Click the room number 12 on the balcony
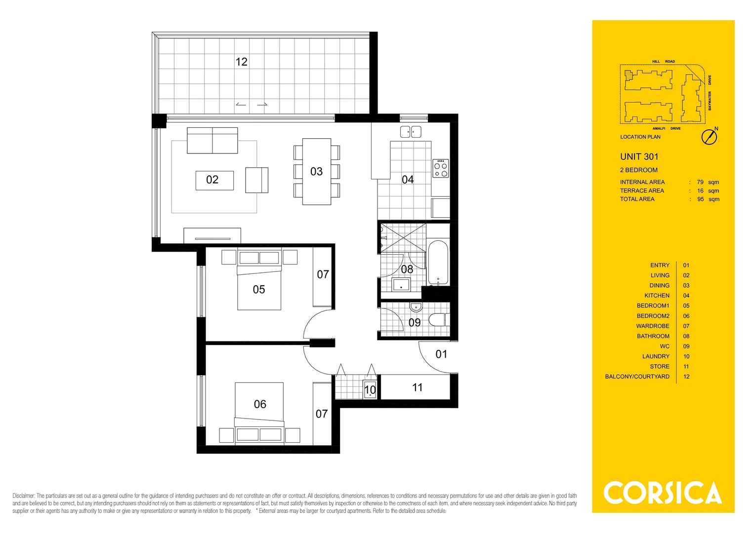click(241, 62)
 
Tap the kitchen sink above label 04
click(411, 132)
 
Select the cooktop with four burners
click(441, 168)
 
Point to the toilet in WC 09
click(437, 320)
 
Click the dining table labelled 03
click(316, 171)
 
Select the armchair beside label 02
click(256, 180)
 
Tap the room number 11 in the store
click(418, 387)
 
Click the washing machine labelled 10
click(370, 390)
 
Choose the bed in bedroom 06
click(259, 409)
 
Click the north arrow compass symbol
click(710, 137)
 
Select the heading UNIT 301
click(639, 156)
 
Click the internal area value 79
click(700, 182)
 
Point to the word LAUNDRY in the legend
click(656, 356)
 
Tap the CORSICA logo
click(662, 493)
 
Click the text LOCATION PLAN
click(640, 137)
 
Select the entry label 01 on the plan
click(441, 354)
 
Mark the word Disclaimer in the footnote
click(24, 495)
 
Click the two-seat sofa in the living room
click(212, 141)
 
